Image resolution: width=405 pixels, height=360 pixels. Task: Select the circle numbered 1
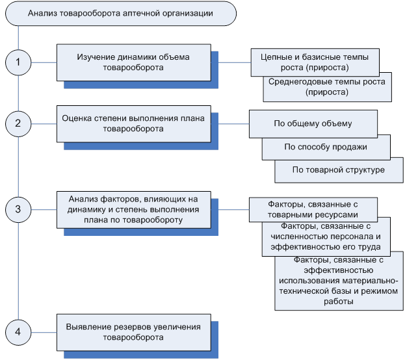pyautogui.click(x=18, y=62)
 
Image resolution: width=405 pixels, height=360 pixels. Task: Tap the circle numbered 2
pyautogui.click(x=18, y=122)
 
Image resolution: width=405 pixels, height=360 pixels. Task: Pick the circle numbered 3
pyautogui.click(x=18, y=209)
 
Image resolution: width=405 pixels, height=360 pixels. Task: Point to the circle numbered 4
pyautogui.click(x=18, y=331)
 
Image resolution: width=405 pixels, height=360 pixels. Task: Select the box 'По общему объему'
pyautogui.click(x=313, y=122)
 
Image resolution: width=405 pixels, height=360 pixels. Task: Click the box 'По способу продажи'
pyautogui.click(x=326, y=147)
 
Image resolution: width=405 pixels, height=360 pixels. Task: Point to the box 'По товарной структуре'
pyautogui.click(x=339, y=170)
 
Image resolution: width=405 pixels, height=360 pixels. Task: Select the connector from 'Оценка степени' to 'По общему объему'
pyautogui.click(x=229, y=123)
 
